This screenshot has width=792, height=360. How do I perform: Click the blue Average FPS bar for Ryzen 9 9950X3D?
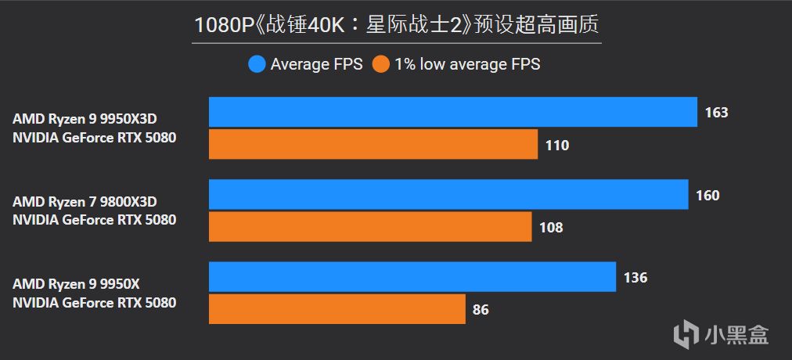452,112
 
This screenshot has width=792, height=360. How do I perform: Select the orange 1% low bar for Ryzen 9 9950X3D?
373,145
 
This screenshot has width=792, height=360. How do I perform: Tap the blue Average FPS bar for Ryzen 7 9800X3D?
448,195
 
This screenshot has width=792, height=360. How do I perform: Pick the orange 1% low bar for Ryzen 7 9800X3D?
369,227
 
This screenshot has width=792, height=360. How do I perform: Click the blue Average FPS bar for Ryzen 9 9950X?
412,277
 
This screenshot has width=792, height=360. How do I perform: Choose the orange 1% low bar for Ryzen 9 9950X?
337,309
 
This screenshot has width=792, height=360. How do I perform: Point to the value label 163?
716,113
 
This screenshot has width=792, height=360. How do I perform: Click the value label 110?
556,146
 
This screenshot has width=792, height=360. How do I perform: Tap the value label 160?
707,196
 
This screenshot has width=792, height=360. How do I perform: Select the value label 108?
551,228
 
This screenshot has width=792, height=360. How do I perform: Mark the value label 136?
635,278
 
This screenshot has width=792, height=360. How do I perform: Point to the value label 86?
481,310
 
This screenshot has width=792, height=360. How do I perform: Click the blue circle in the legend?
257,64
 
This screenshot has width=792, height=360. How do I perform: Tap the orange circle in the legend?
381,64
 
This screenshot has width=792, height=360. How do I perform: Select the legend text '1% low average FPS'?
467,64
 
